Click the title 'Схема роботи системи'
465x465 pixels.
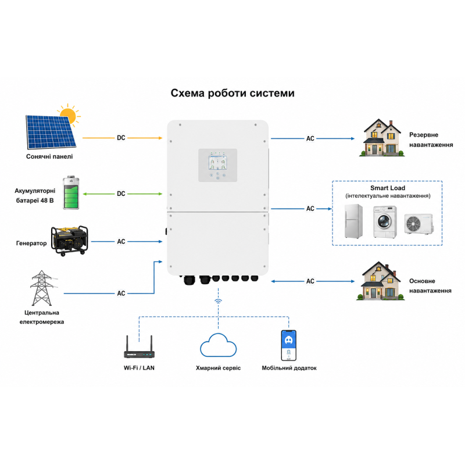[x=233, y=93]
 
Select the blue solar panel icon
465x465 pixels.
[x=51, y=132]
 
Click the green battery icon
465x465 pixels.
[x=71, y=193]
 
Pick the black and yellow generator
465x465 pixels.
[x=69, y=241]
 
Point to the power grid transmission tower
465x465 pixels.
[x=42, y=288]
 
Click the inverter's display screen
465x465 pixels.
[x=217, y=163]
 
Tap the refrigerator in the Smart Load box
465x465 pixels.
[x=353, y=221]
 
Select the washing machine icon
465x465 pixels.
[x=385, y=222]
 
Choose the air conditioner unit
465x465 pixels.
[x=419, y=224]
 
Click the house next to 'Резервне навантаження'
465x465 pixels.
[x=382, y=138]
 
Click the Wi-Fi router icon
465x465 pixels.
[x=139, y=347]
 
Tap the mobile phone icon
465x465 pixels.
[x=288, y=345]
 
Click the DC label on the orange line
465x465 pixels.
[x=121, y=138]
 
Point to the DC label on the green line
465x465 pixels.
[x=121, y=194]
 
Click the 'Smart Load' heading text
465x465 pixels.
[x=388, y=188]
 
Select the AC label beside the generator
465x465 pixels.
[x=121, y=241]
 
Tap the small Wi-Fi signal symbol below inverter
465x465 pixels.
[x=219, y=301]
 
